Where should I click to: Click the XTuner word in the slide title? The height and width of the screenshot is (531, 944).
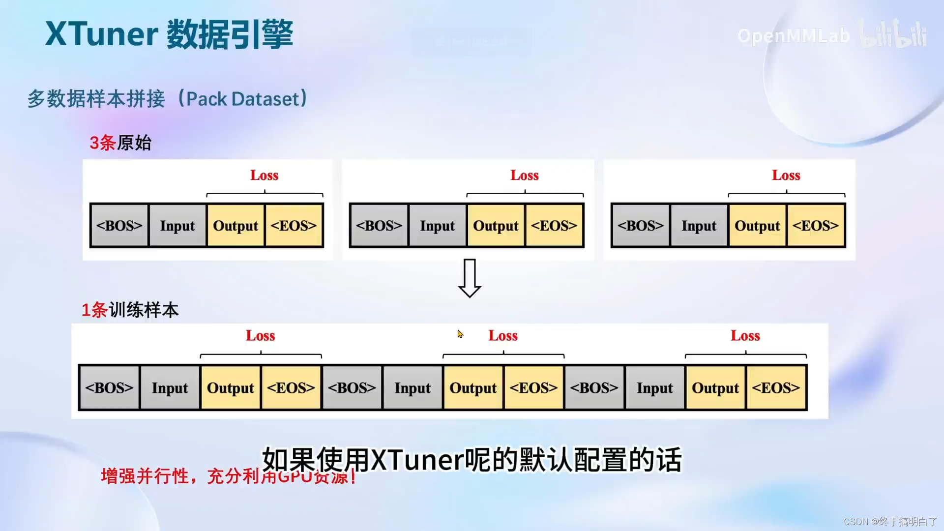pyautogui.click(x=101, y=34)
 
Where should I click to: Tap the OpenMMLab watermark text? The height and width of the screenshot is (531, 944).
pyautogui.click(x=793, y=36)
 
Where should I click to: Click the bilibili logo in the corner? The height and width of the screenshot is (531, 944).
pyautogui.click(x=893, y=34)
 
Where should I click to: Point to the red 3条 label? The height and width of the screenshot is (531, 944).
pyautogui.click(x=102, y=143)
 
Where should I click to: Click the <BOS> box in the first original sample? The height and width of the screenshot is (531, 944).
pyautogui.click(x=119, y=226)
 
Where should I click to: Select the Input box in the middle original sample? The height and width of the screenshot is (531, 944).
pyautogui.click(x=437, y=226)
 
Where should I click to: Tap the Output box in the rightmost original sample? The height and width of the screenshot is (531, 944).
pyautogui.click(x=757, y=226)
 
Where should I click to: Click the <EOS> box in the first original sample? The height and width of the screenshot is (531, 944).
pyautogui.click(x=294, y=226)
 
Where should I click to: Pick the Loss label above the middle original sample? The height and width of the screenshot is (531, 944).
pyautogui.click(x=524, y=176)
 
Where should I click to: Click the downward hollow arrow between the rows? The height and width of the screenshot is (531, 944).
pyautogui.click(x=470, y=278)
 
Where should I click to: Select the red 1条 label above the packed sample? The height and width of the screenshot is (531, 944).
pyautogui.click(x=94, y=310)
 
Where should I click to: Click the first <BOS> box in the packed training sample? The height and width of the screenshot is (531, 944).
pyautogui.click(x=109, y=388)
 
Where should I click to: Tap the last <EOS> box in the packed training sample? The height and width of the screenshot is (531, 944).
pyautogui.click(x=776, y=388)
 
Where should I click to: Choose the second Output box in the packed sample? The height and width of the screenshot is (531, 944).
pyautogui.click(x=473, y=388)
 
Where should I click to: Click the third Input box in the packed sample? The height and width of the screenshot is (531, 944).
pyautogui.click(x=654, y=388)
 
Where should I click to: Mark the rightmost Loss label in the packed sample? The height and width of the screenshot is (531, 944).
pyautogui.click(x=745, y=336)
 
